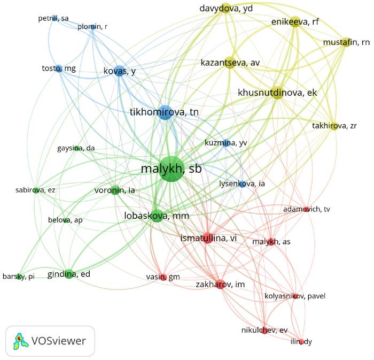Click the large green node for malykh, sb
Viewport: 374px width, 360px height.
(x=172, y=169)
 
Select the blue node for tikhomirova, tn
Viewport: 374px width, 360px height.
(x=165, y=112)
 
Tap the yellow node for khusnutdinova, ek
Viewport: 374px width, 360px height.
(x=278, y=93)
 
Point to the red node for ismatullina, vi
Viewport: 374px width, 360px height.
(x=208, y=238)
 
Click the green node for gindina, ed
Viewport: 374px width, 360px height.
(x=69, y=274)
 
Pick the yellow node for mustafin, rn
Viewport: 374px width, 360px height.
(x=346, y=42)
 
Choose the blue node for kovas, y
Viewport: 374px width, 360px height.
(x=120, y=71)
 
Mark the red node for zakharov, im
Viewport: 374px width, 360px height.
(x=220, y=284)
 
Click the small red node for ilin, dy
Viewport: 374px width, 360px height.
(x=302, y=341)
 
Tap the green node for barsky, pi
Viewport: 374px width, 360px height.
(x=19, y=277)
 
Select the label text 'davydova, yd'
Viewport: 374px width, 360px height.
(x=226, y=9)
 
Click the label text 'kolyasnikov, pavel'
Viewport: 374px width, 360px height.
(x=295, y=296)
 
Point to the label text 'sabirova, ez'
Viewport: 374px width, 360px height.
(x=35, y=190)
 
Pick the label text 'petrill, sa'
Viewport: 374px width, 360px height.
(x=53, y=18)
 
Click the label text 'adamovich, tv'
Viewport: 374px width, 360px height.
(x=307, y=209)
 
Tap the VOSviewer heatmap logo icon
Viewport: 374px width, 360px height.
(x=20, y=341)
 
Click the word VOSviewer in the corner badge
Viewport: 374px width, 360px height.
(x=59, y=341)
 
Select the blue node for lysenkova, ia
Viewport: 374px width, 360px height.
(x=243, y=184)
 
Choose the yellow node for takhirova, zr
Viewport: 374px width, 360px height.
(x=334, y=126)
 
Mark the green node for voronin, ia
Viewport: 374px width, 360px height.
(x=115, y=190)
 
